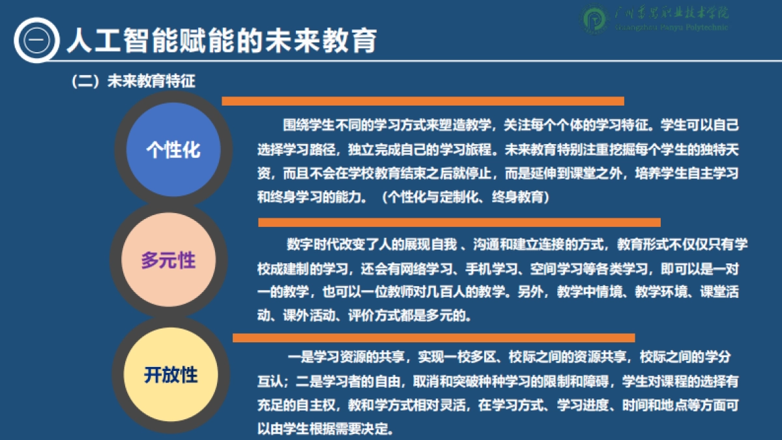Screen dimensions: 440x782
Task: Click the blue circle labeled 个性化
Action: coord(173,151)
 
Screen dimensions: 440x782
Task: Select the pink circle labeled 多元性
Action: coord(168,261)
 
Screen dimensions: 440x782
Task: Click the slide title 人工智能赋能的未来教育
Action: coord(222,40)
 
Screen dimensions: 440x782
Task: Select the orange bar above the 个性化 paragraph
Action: coord(423,101)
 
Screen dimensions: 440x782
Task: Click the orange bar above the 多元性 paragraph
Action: coord(459,222)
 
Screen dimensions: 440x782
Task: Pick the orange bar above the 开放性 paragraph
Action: coord(433,338)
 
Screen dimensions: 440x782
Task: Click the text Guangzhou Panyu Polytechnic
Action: coord(672,27)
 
